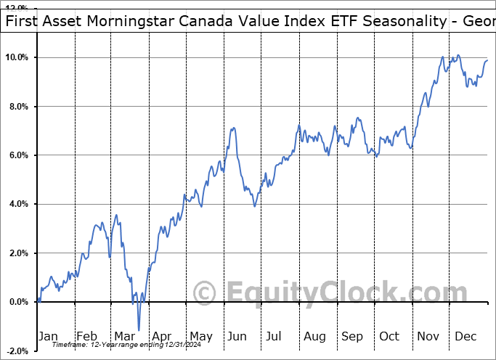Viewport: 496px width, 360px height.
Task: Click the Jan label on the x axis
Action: [48, 336]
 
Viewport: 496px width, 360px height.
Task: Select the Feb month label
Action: [86, 336]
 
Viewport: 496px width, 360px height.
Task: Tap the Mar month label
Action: [125, 336]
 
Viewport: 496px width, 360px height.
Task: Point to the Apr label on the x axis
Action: [162, 336]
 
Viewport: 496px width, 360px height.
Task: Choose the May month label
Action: [200, 336]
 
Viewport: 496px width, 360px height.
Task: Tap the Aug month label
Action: [314, 336]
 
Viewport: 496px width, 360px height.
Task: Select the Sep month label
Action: [352, 336]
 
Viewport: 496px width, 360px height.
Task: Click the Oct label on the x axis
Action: [390, 336]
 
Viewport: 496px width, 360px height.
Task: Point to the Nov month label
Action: [428, 336]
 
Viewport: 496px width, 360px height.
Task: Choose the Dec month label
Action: [466, 336]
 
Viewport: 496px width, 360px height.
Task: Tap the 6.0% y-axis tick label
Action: [17, 155]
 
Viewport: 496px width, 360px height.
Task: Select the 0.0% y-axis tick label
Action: [17, 302]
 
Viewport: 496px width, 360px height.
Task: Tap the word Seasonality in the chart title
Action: [399, 22]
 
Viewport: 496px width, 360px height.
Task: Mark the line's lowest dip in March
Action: [139, 330]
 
